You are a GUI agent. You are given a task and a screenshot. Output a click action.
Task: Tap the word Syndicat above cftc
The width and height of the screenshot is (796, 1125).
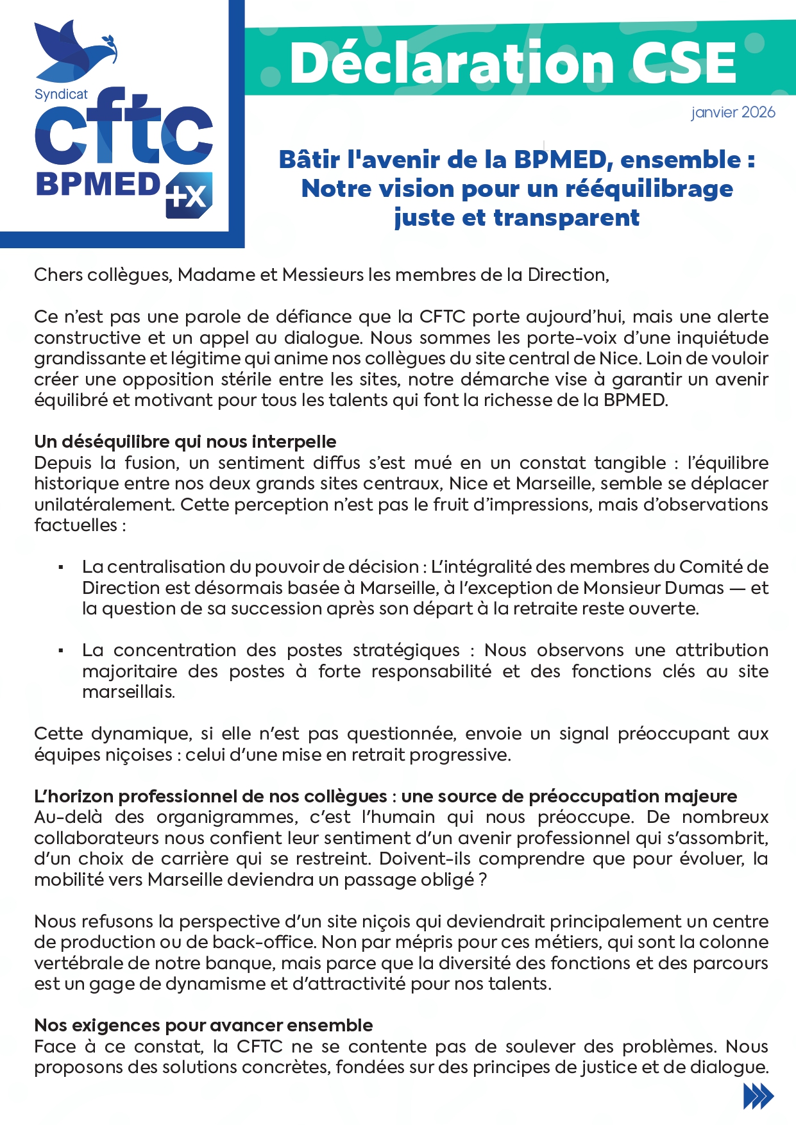pyautogui.click(x=61, y=94)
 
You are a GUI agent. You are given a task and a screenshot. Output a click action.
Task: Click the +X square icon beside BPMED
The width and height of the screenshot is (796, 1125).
pyautogui.click(x=189, y=195)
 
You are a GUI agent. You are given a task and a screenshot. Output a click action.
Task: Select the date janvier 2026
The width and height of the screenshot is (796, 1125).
pyautogui.click(x=733, y=113)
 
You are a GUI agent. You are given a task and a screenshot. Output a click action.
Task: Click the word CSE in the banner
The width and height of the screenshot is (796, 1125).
pyautogui.click(x=682, y=63)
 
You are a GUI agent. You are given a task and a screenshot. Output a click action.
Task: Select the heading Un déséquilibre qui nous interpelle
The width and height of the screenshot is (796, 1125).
pyautogui.click(x=185, y=441)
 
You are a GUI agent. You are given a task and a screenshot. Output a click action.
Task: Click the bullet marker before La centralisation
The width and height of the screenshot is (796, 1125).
pyautogui.click(x=61, y=567)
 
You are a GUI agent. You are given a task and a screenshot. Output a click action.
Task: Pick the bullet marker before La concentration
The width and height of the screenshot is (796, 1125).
pyautogui.click(x=61, y=650)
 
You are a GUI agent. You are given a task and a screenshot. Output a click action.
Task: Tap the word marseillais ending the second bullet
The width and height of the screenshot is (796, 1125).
pyautogui.click(x=128, y=692)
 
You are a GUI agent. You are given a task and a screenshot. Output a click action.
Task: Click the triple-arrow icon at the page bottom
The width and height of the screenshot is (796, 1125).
pyautogui.click(x=758, y=1096)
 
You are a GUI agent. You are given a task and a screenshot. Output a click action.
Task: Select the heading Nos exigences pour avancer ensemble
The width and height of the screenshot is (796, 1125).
pyautogui.click(x=203, y=1025)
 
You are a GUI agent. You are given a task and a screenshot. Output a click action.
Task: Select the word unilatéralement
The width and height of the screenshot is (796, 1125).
pyautogui.click(x=104, y=505)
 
